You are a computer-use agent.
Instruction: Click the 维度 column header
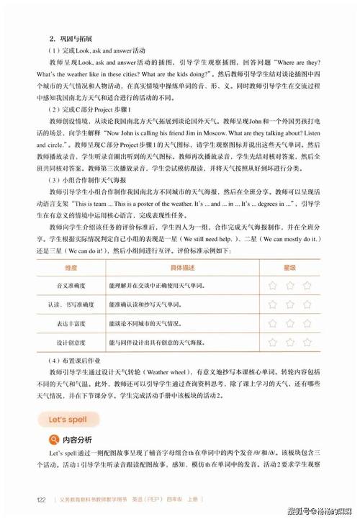(x=71, y=267)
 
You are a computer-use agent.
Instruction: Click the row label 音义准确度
(x=71, y=286)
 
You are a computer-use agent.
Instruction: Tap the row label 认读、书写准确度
(x=71, y=304)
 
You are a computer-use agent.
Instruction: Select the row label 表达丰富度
(x=71, y=323)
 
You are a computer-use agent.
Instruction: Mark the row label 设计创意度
(x=71, y=342)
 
